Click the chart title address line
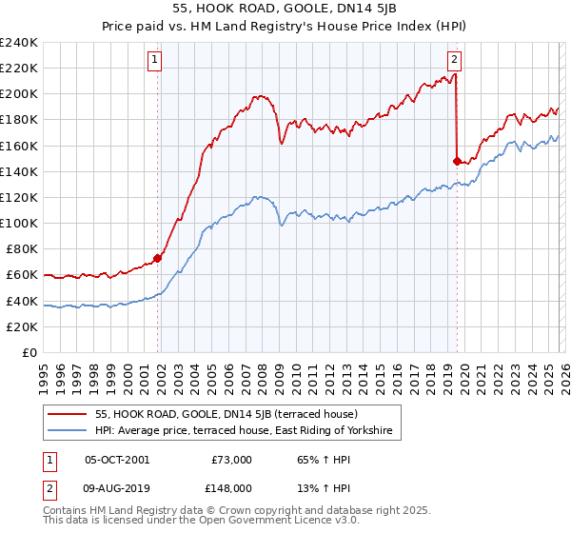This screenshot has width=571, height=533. point(285,9)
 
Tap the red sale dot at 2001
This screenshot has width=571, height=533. point(158,257)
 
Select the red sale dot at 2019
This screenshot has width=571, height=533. point(458,161)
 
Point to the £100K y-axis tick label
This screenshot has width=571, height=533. point(18,223)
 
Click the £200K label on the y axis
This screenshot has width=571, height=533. point(18,94)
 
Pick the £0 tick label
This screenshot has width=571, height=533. point(29,352)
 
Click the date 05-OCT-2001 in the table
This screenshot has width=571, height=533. point(117,460)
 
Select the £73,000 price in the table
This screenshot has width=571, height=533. point(231,460)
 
